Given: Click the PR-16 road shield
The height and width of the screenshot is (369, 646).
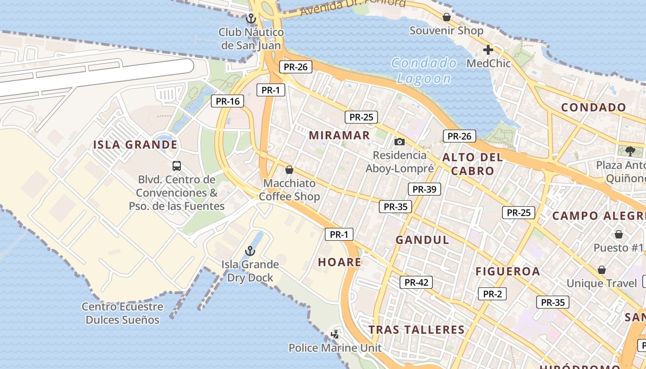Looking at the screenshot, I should (x=227, y=101).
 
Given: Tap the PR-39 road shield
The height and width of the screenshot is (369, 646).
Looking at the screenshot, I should (x=424, y=189).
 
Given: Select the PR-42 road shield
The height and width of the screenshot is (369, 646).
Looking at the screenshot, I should (x=416, y=282).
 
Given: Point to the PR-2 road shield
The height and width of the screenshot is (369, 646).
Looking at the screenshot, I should (x=492, y=294).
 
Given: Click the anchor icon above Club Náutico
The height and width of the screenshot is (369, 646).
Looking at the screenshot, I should (x=251, y=19).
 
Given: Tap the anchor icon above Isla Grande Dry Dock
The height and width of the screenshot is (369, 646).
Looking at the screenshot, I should (x=250, y=251).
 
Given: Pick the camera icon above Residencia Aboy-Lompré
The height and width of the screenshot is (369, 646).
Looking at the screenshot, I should (x=400, y=142).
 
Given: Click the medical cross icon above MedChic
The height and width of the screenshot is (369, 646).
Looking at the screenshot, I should (x=488, y=50).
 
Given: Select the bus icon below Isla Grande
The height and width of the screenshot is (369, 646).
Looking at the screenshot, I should (x=176, y=166).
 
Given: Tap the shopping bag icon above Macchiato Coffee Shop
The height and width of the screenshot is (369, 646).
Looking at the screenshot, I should (x=289, y=170).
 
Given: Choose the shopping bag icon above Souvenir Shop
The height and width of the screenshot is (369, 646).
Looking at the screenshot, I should (x=446, y=18).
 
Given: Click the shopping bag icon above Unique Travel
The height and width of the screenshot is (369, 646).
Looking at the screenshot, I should (x=602, y=269).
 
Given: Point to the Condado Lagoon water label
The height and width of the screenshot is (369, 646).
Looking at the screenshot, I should (x=424, y=71).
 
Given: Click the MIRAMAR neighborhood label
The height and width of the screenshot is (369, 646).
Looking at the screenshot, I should (x=339, y=135).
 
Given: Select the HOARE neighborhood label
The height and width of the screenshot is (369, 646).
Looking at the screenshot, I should (x=340, y=262).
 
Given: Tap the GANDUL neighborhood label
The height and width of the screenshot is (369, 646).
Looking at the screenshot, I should (x=422, y=240).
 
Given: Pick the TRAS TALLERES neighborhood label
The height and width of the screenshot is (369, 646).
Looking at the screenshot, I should (x=416, y=329).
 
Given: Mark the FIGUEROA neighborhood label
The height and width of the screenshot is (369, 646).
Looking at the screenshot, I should (x=508, y=271).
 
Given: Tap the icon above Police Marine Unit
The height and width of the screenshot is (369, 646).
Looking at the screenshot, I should (x=336, y=334).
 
